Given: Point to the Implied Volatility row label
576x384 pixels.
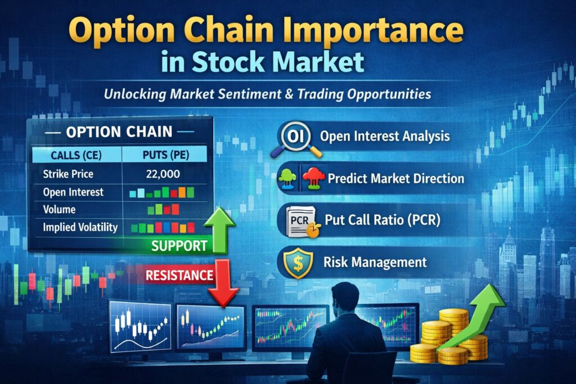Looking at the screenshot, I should pyautogui.click(x=80, y=228).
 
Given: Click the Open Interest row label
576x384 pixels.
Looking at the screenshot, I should pyautogui.click(x=73, y=192).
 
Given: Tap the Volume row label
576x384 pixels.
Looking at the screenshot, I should pyautogui.click(x=59, y=210).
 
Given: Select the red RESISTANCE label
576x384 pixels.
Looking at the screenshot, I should pyautogui.click(x=179, y=275).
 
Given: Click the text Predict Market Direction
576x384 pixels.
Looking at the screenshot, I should pyautogui.click(x=395, y=179).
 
